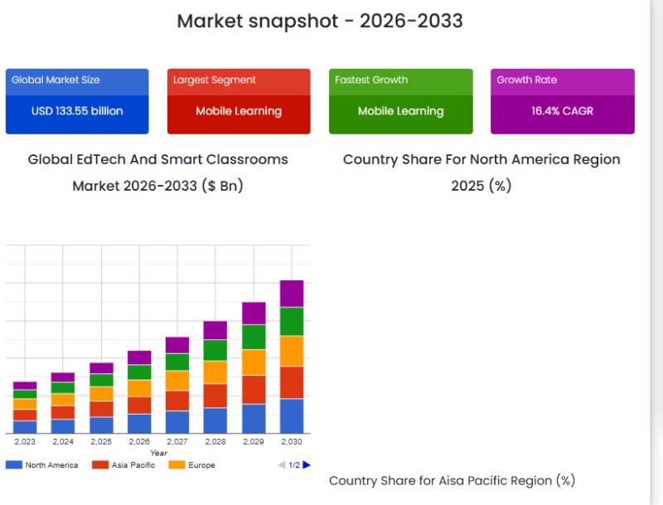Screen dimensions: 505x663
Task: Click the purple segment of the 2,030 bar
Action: tap(292, 294)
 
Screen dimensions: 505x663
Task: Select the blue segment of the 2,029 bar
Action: tap(254, 418)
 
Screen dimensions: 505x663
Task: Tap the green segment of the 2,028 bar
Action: tap(215, 350)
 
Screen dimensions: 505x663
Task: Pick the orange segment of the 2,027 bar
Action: tap(177, 381)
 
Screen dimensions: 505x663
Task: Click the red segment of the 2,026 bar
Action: tap(139, 405)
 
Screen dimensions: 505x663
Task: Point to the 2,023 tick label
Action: tap(25, 442)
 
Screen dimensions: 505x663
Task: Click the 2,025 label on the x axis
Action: tap(101, 442)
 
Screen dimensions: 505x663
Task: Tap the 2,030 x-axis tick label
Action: tap(292, 442)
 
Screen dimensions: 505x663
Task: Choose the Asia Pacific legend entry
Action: tap(123, 465)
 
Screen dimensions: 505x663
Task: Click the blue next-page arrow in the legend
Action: tap(307, 465)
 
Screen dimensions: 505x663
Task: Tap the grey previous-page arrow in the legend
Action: tap(281, 465)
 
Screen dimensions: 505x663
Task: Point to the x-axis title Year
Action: tap(158, 453)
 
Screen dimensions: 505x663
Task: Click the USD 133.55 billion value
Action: tap(77, 111)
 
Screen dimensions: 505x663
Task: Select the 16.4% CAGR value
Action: tap(562, 111)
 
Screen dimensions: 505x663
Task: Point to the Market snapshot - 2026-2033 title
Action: tap(320, 21)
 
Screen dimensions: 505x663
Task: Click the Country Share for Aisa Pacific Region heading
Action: tap(452, 480)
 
